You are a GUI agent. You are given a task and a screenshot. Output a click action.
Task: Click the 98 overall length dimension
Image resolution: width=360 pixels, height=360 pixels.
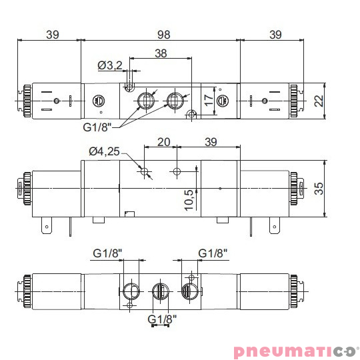[160, 34]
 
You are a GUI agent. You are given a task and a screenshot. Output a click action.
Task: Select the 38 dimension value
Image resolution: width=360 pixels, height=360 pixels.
[160, 53]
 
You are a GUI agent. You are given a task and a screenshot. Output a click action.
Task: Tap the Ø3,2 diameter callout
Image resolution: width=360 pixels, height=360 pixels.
[110, 65]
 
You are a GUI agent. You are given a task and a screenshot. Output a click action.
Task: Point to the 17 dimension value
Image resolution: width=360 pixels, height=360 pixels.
[209, 101]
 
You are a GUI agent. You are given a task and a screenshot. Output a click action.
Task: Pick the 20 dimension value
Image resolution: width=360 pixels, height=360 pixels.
[163, 142]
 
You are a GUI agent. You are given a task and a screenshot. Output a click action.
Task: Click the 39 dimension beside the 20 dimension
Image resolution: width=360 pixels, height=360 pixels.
[211, 142]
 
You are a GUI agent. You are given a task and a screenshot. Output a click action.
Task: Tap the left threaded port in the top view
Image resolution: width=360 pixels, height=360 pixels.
[145, 101]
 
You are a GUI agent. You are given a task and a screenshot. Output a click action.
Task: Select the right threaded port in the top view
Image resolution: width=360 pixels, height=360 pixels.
[175, 101]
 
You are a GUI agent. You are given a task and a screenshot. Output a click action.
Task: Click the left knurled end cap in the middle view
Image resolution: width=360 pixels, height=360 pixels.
[26, 189]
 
